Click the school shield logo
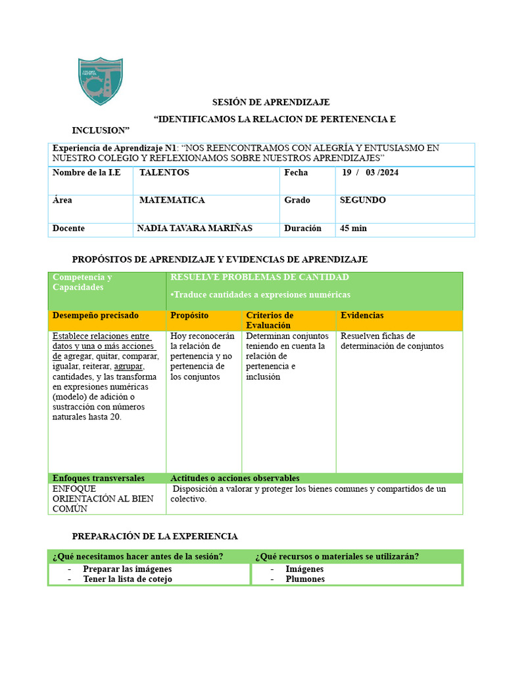(100, 80)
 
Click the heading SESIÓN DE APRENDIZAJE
(270, 103)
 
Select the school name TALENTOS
(164, 172)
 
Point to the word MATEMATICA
(172, 200)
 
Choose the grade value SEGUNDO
(362, 200)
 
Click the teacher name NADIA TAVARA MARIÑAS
(195, 228)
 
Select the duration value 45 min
(353, 228)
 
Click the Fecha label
(296, 172)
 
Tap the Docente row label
(68, 228)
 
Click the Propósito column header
(189, 316)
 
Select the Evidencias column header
(362, 316)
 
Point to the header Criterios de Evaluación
(270, 321)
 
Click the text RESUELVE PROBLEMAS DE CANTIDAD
(260, 277)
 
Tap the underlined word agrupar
(128, 367)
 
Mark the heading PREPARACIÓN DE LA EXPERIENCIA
(155, 536)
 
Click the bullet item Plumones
(305, 579)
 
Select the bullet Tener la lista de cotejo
(128, 579)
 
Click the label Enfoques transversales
(99, 479)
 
